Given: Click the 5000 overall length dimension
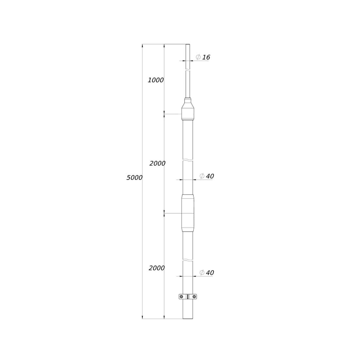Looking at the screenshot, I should (134, 178).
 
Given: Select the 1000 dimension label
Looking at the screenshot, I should (155, 80).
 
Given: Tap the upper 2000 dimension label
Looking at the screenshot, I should (157, 163).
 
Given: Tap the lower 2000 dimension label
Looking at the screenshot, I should (156, 268).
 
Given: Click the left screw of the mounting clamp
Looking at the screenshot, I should (181, 297).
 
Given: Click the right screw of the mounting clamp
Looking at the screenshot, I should (194, 297).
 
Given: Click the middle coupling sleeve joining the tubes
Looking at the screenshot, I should (188, 213).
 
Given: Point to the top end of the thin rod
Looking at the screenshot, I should (188, 45).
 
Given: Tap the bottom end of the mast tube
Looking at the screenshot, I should (188, 318).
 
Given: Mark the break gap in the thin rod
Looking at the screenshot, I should (188, 70).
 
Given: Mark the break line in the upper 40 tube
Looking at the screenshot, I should (188, 160).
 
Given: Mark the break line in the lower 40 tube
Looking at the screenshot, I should (188, 260).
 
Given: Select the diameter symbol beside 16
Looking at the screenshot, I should (198, 57).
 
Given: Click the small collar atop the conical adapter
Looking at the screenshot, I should (188, 100).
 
